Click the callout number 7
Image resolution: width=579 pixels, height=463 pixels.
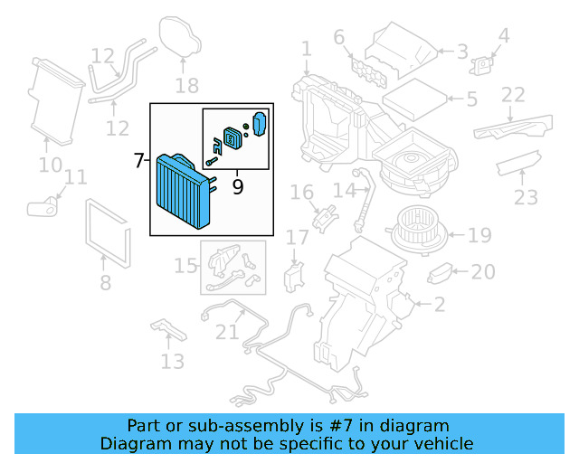point(138,161)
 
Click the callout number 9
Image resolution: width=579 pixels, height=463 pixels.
point(238,186)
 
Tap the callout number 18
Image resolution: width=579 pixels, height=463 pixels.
point(186,87)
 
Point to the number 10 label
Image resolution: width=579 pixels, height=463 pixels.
point(50,165)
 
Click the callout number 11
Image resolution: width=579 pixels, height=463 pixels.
point(76,177)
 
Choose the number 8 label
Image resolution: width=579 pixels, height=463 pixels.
point(105,283)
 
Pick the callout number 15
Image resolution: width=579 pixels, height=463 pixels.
point(185,266)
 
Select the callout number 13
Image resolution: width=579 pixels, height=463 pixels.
point(172,362)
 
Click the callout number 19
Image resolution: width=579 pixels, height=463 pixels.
point(479,236)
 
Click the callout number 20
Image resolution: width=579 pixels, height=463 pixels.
point(483,271)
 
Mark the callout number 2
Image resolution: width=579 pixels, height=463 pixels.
point(439,306)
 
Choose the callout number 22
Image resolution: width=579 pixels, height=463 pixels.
point(513,95)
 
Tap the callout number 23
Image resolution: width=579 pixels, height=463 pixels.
point(526,196)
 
